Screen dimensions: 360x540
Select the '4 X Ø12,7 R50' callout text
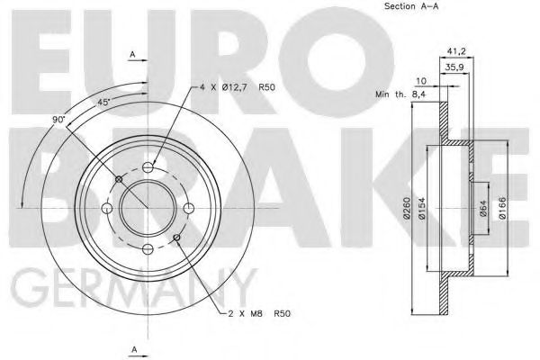(x=237, y=88)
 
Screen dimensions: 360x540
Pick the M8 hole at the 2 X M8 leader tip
(x=176, y=238)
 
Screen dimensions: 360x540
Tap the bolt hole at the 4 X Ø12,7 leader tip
(x=149, y=167)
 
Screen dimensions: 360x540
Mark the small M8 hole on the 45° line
(x=119, y=179)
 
